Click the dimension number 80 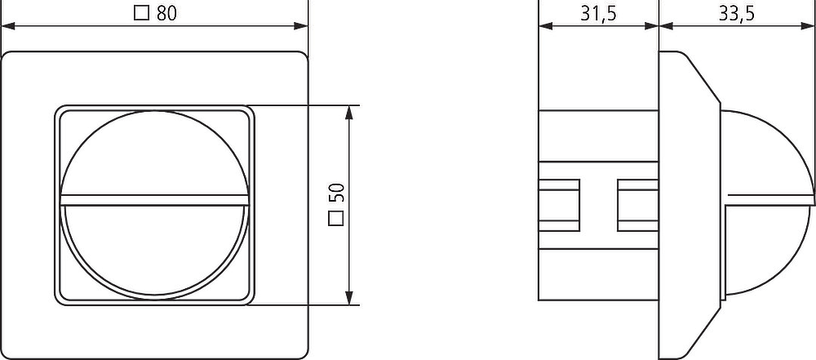(166, 14)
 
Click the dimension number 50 (336, 193)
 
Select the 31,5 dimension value (598, 14)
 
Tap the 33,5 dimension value (736, 14)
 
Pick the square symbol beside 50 (336, 219)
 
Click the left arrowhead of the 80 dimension (9, 26)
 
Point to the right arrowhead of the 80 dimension (301, 26)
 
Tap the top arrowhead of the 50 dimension (353, 113)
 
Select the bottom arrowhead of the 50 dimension (353, 297)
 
